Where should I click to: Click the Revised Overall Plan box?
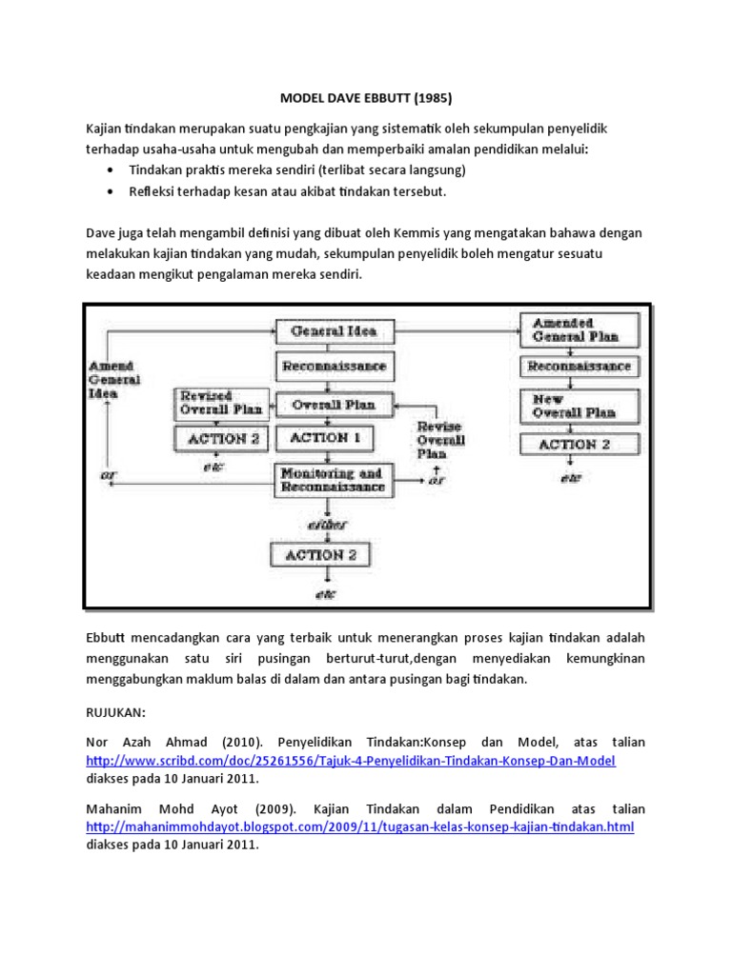point(219,403)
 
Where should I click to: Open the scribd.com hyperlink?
point(351,760)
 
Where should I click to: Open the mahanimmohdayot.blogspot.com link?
point(359,826)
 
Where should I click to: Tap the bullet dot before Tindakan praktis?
point(114,169)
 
